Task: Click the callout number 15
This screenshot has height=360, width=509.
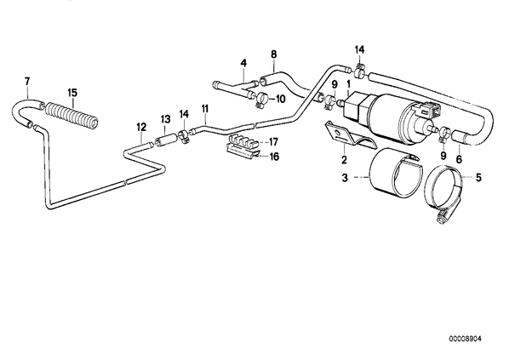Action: (72, 93)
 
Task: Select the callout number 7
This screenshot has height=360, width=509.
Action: (27, 81)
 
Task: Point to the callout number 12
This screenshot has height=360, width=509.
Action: (141, 127)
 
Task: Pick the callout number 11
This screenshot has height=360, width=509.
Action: (204, 109)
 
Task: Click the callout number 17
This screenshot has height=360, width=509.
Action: (274, 142)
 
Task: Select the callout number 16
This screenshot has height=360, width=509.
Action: (274, 157)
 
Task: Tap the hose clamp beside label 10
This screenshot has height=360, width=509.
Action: (263, 99)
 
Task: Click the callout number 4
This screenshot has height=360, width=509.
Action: (243, 62)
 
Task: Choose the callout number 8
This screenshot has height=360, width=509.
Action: (274, 54)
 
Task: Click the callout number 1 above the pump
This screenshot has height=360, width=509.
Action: (349, 84)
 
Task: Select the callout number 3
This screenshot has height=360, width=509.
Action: (345, 178)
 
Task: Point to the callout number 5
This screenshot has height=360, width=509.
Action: (478, 178)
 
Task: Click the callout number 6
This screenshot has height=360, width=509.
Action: (459, 159)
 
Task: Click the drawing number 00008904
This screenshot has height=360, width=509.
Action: (466, 339)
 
